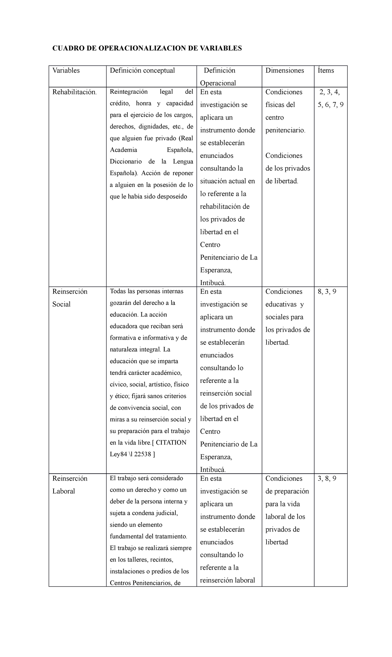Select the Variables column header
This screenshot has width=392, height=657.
tap(66, 70)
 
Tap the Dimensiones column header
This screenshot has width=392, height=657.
tap(285, 70)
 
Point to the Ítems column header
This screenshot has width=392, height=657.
tap(326, 70)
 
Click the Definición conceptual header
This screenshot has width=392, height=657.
tap(142, 70)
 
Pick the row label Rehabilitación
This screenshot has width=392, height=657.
tap(74, 92)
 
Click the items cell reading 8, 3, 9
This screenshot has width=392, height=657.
tap(327, 292)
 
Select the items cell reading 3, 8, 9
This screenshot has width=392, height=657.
tap(327, 479)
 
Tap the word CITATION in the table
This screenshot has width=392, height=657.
tap(171, 443)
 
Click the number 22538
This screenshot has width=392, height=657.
tap(142, 454)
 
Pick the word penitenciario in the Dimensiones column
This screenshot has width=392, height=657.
tap(285, 130)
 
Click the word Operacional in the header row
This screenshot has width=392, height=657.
tap(218, 83)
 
